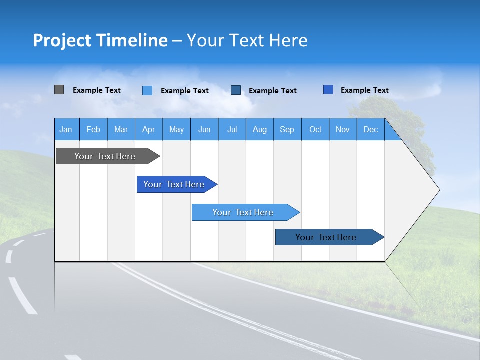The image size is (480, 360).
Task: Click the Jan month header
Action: pyautogui.click(x=66, y=130)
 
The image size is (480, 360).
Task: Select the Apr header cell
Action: pyautogui.click(x=148, y=130)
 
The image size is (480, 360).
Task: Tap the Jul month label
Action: pyautogui.click(x=232, y=130)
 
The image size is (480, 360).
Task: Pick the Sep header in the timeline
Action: pyautogui.click(x=287, y=130)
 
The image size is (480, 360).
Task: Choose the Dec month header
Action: pyautogui.click(x=370, y=130)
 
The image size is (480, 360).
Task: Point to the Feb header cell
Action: pyautogui.click(x=93, y=130)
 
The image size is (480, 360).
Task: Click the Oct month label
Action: pyautogui.click(x=315, y=130)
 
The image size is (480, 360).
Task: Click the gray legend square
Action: pyautogui.click(x=59, y=90)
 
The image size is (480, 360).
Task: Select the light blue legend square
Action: pyautogui.click(x=147, y=90)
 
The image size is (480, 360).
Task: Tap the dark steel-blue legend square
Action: pyautogui.click(x=236, y=90)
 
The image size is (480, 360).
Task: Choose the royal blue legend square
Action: pyautogui.click(x=328, y=90)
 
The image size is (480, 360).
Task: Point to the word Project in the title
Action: pyautogui.click(x=62, y=40)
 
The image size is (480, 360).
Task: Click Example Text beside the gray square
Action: pyautogui.click(x=97, y=90)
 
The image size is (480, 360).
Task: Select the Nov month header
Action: pyautogui.click(x=343, y=130)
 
